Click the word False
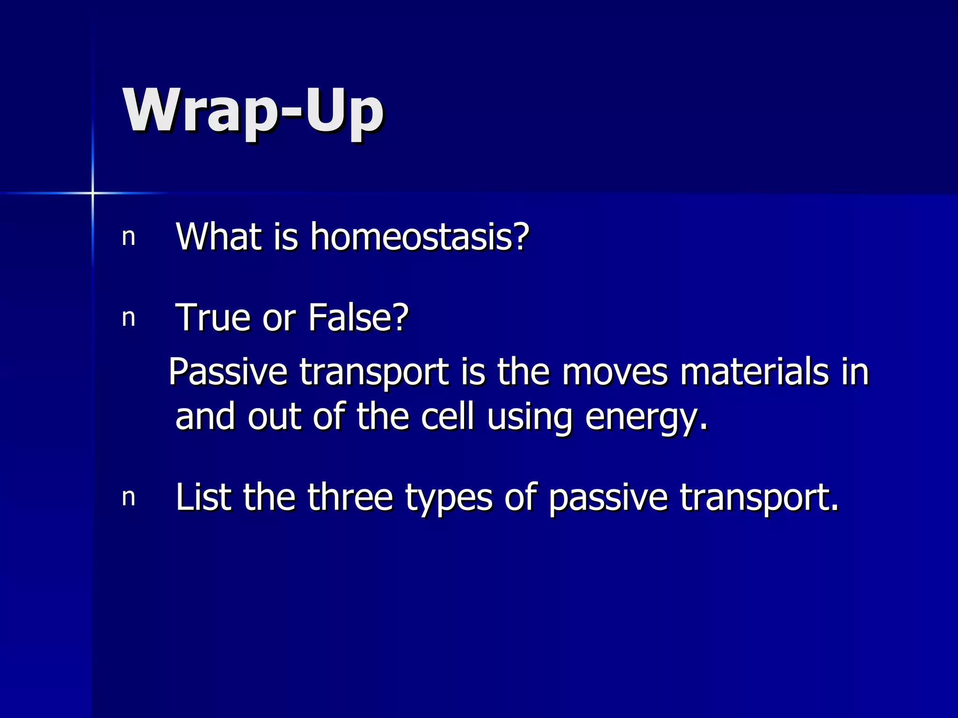pyautogui.click(x=358, y=318)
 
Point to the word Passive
pyautogui.click(x=228, y=372)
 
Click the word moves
pyautogui.click(x=615, y=372)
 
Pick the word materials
pyautogui.click(x=754, y=372)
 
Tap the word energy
pyautogui.click(x=646, y=417)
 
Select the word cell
pyautogui.click(x=447, y=416)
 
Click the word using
pyautogui.click(x=529, y=417)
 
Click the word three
pyautogui.click(x=350, y=497)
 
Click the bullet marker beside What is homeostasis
pyautogui.click(x=129, y=237)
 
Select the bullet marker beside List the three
pyautogui.click(x=129, y=498)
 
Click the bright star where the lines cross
pyautogui.click(x=93, y=193)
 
